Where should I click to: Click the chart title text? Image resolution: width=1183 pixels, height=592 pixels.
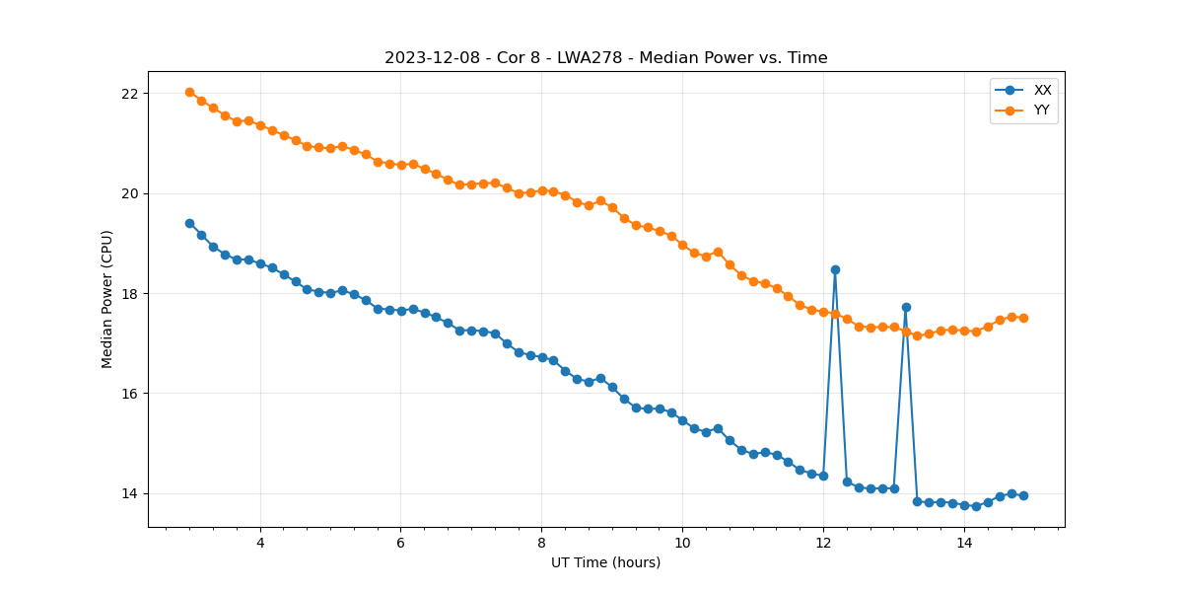pyautogui.click(x=605, y=58)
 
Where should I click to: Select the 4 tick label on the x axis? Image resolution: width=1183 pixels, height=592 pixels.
pyautogui.click(x=260, y=543)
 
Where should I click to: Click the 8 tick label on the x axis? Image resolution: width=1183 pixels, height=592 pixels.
pyautogui.click(x=541, y=543)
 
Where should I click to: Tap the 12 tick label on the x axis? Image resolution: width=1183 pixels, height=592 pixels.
pyautogui.click(x=822, y=543)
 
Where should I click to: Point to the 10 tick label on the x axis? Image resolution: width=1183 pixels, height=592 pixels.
pyautogui.click(x=682, y=543)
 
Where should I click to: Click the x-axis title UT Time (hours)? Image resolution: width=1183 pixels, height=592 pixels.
pyautogui.click(x=605, y=563)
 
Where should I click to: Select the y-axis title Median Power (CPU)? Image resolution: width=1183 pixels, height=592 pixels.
pyautogui.click(x=107, y=299)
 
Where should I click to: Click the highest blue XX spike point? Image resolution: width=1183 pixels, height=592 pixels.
pyautogui.click(x=835, y=269)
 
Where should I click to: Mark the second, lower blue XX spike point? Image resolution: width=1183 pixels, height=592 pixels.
pyautogui.click(x=906, y=307)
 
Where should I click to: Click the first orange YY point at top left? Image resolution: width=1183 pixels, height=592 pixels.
pyautogui.click(x=189, y=92)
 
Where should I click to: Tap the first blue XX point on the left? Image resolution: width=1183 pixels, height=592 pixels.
pyautogui.click(x=189, y=223)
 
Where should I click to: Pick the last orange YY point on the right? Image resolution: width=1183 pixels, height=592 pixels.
pyautogui.click(x=1023, y=318)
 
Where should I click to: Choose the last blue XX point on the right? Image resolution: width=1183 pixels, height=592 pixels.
pyautogui.click(x=1023, y=495)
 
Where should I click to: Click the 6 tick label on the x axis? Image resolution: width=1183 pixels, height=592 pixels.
pyautogui.click(x=400, y=543)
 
